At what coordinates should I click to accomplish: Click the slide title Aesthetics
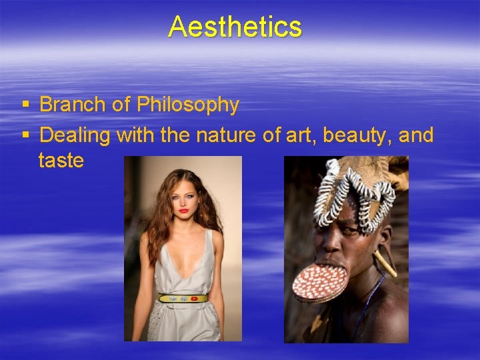[235, 27]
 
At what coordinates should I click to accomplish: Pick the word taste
[61, 161]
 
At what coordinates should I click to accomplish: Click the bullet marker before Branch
[25, 105]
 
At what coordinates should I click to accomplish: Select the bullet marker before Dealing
[25, 136]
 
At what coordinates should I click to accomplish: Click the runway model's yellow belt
[183, 298]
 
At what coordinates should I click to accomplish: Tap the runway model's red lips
[183, 211]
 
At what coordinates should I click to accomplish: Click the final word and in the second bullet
[417, 135]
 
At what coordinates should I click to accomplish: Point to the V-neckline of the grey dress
[183, 267]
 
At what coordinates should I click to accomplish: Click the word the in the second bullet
[175, 135]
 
